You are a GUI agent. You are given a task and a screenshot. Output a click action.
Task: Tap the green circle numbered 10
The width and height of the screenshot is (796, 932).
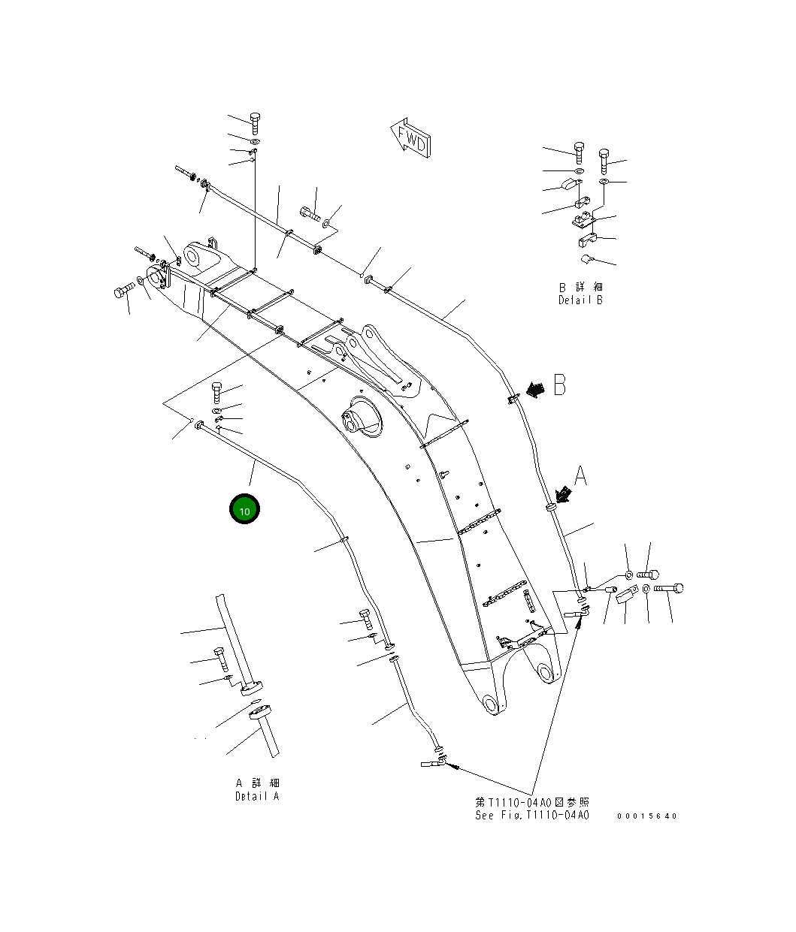pos(244,510)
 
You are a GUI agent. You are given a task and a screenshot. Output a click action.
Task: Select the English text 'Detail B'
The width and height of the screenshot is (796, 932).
pos(580,300)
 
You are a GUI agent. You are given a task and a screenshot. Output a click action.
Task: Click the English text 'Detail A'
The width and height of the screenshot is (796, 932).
pos(256,796)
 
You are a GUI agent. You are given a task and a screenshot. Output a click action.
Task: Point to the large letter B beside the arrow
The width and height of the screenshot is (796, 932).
pos(560,385)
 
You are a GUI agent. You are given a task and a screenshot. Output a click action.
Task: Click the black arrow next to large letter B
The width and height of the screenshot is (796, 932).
pos(535,389)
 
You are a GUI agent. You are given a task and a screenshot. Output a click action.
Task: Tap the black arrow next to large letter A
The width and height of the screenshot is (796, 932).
pos(562,493)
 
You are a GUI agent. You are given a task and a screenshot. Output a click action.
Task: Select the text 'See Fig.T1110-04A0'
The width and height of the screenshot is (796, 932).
pos(531,816)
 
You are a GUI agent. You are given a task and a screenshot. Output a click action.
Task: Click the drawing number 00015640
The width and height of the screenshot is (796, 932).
pos(646,816)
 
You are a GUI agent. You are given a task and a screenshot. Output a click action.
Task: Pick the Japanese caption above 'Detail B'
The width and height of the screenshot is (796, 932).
pos(580,287)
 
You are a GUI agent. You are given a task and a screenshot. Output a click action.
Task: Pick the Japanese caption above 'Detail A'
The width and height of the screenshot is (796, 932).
pos(256,783)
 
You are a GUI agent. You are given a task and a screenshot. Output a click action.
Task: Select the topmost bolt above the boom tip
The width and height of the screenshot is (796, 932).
pos(254,122)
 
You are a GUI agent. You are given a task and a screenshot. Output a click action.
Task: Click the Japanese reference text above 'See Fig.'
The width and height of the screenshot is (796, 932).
pos(531,802)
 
